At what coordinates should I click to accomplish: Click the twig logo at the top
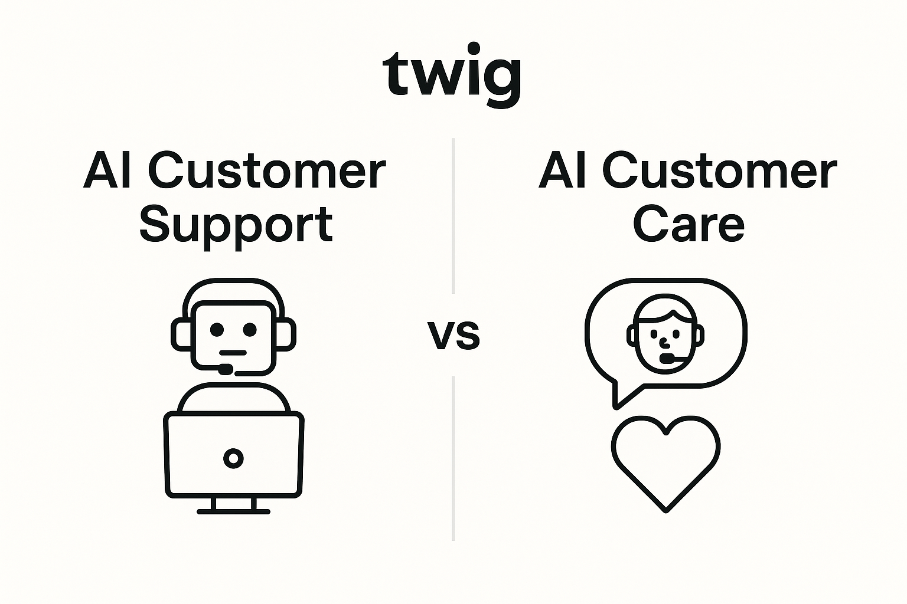452,75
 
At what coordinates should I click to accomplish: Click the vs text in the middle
454,335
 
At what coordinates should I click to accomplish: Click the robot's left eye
217,329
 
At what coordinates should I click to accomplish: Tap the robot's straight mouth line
233,353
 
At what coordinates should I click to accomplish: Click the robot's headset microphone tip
225,369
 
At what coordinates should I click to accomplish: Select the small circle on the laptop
233,458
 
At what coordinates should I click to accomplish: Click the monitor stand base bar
233,512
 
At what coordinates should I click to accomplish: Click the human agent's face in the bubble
665,334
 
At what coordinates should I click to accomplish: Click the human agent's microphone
666,359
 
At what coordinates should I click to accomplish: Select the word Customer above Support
267,170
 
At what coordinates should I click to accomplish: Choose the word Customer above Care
720,170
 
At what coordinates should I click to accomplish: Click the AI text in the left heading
107,170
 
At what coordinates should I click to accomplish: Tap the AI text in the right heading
562,170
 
